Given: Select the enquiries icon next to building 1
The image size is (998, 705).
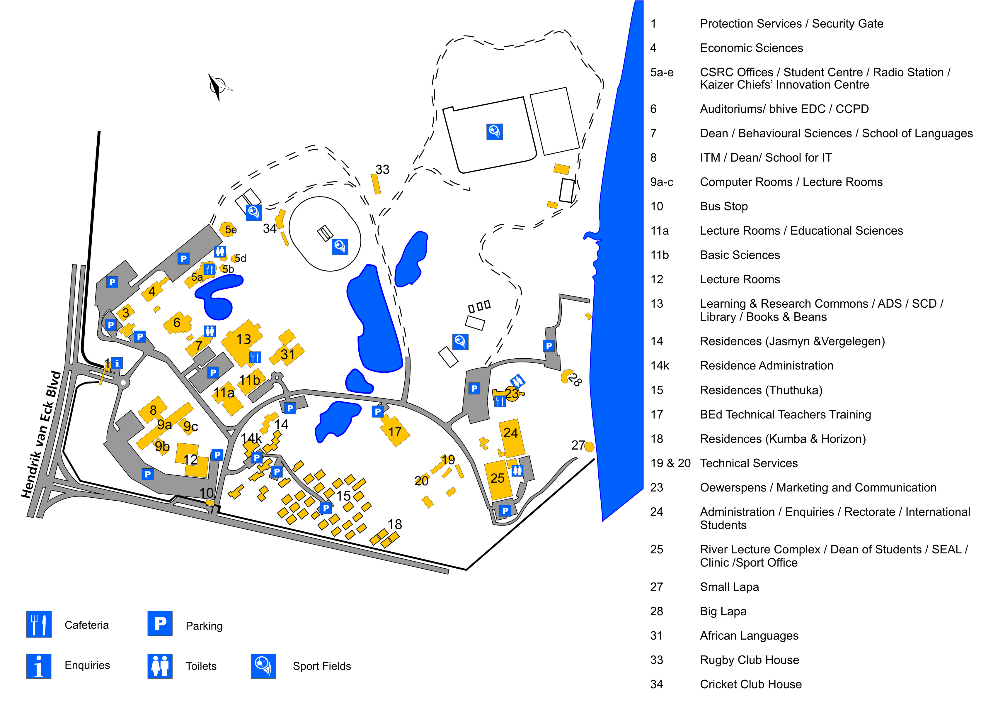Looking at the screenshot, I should pos(117,363).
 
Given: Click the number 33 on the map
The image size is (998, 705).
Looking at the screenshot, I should pos(382,169).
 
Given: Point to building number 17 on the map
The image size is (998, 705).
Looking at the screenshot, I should pos(395,432).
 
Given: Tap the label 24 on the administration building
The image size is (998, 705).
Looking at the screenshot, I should pos(510,433).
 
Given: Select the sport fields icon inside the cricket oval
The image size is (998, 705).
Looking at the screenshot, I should pos(340,247).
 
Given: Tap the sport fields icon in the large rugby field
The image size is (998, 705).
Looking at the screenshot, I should pos(494,131).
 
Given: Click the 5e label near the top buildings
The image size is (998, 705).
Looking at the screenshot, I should pos(231,230).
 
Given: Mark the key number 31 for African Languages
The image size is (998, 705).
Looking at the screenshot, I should pos(656,635).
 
